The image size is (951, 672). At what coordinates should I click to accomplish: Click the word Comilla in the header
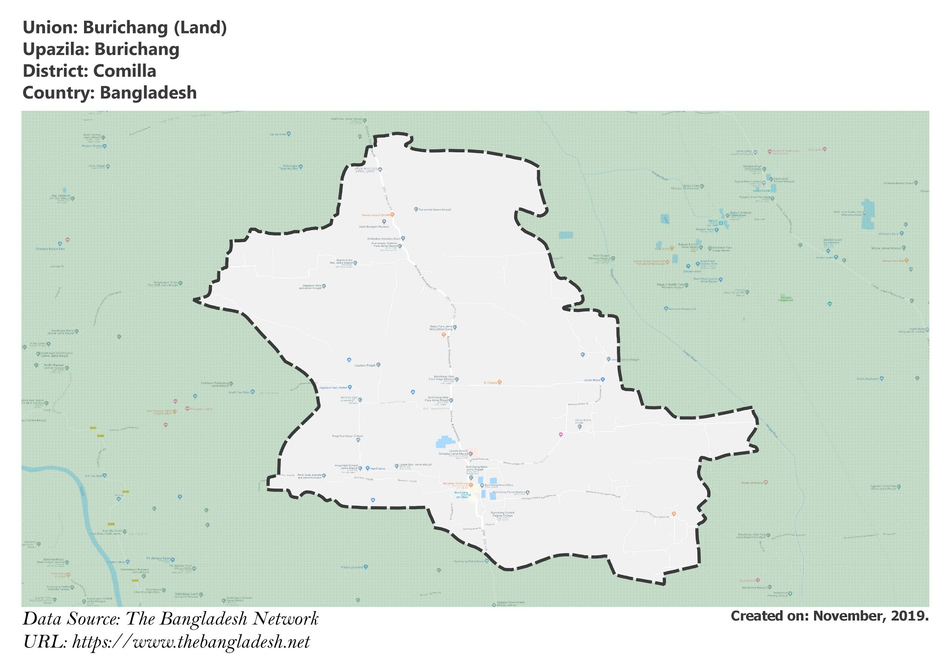pos(124,71)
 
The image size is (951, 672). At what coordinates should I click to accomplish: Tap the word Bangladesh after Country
pos(148,93)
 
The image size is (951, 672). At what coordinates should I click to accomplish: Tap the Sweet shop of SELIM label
pos(375,215)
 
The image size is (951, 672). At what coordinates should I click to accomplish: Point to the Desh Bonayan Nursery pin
pos(384,222)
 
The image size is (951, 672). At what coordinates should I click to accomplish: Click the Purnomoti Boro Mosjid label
pos(435,210)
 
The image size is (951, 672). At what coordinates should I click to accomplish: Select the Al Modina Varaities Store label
pos(384,239)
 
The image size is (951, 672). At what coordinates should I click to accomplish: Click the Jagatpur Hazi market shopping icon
pos(350,387)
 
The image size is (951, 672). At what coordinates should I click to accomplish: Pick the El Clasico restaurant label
pos(490,383)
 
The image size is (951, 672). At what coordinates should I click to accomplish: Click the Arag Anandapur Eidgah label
pos(347,436)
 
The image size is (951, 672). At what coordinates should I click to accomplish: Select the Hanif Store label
pos(378,469)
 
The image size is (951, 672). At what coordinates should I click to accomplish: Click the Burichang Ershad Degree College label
pos(502,514)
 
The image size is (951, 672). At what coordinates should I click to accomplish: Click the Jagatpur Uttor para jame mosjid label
pos(311,287)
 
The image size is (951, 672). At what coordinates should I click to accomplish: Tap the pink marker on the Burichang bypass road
pos(560,435)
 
